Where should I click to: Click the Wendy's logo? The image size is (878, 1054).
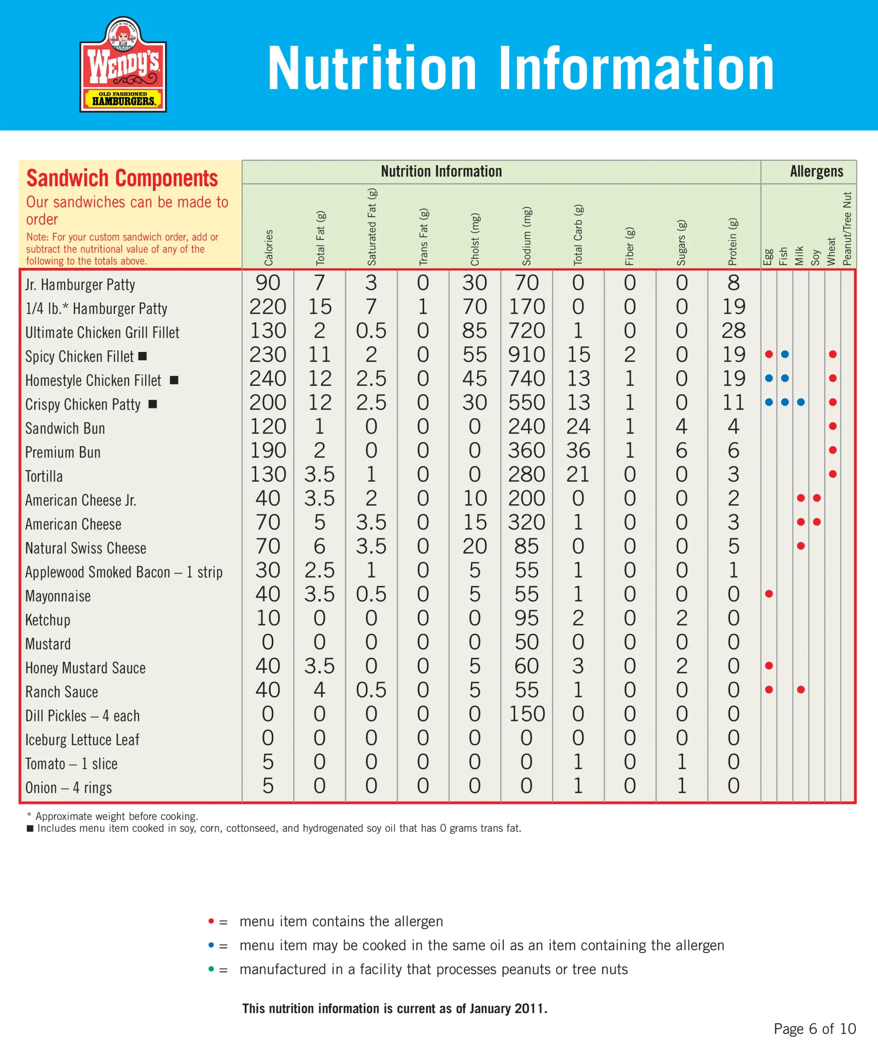tap(123, 65)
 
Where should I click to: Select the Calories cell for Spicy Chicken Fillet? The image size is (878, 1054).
tap(268, 355)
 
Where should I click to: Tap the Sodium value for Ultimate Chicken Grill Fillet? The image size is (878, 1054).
tap(526, 331)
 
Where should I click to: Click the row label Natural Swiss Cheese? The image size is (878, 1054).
tap(86, 548)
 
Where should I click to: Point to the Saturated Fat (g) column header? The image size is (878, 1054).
tap(372, 227)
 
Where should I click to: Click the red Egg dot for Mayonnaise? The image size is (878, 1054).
tap(769, 594)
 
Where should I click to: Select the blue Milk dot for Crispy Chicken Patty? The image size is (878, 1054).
tap(801, 402)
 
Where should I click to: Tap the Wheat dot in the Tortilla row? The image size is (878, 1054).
tap(833, 474)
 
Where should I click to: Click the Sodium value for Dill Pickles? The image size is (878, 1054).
tap(526, 714)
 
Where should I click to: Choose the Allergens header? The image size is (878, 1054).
tap(816, 172)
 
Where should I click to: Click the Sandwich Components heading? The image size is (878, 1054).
tap(122, 178)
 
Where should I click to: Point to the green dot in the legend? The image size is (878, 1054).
tap(211, 969)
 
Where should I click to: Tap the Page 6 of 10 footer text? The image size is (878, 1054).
tap(815, 1029)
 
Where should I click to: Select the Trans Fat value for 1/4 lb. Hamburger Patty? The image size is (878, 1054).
tap(423, 307)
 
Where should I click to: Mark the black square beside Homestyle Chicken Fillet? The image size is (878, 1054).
tap(174, 380)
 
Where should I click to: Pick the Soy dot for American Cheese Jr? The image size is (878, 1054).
tap(817, 498)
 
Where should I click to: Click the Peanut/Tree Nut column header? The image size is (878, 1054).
tap(848, 229)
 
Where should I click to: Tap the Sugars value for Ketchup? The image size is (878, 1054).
tap(681, 618)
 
